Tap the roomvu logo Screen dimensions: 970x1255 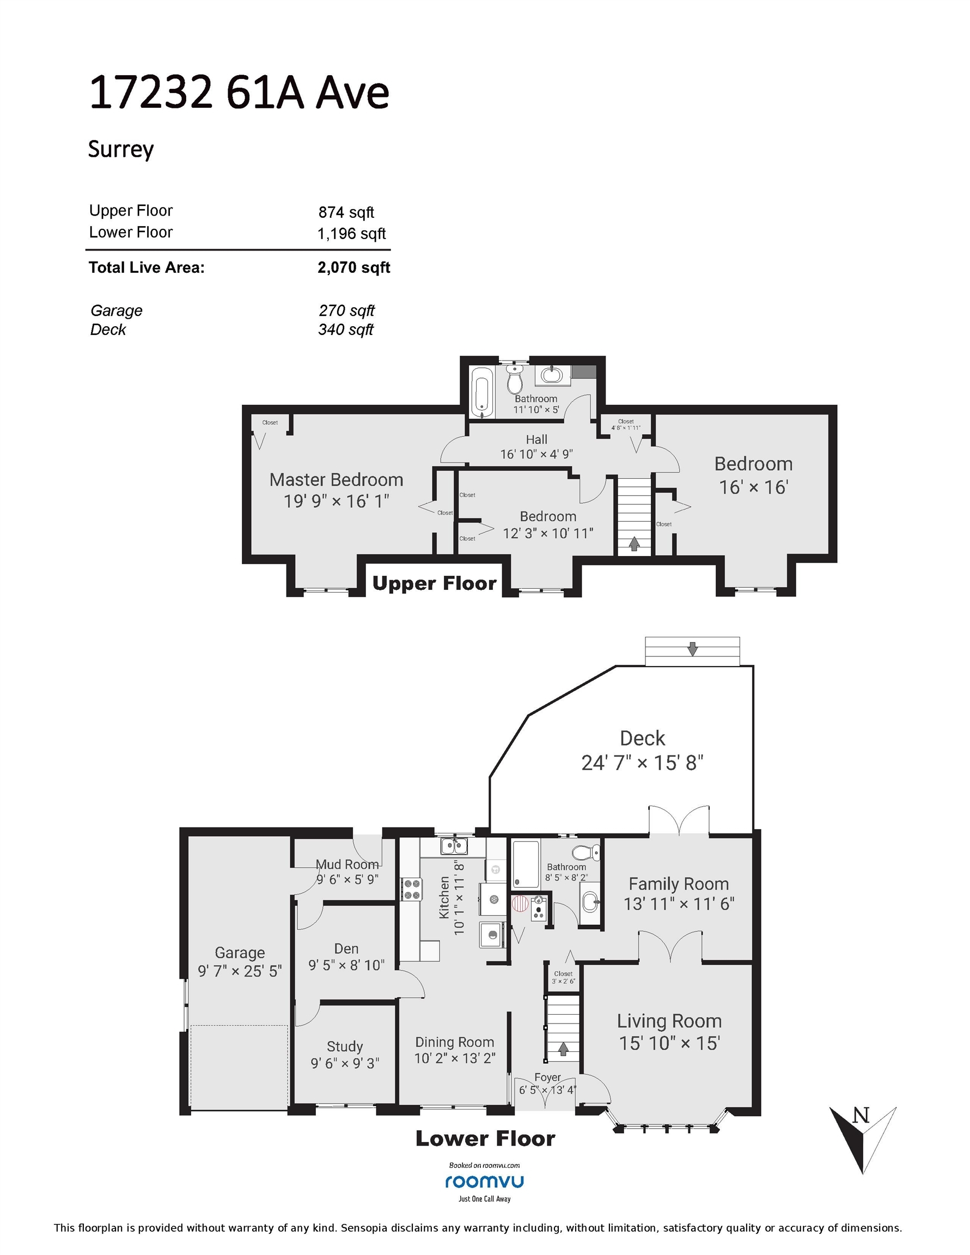point(484,1181)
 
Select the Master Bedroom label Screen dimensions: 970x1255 point(336,480)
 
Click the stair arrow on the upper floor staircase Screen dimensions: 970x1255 point(634,544)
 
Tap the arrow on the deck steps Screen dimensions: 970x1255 point(692,649)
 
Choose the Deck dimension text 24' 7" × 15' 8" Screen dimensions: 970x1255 point(643,763)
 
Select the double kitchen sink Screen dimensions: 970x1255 point(454,846)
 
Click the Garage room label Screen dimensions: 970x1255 point(240,953)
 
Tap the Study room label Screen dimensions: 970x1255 point(345,1046)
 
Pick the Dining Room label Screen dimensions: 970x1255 point(455,1042)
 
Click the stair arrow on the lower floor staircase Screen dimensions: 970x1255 point(563,1049)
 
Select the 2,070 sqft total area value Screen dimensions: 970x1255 point(354,267)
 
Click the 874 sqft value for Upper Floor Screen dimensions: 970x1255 point(346,212)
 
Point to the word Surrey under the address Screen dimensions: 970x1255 point(121,149)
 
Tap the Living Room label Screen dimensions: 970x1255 point(669,1021)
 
